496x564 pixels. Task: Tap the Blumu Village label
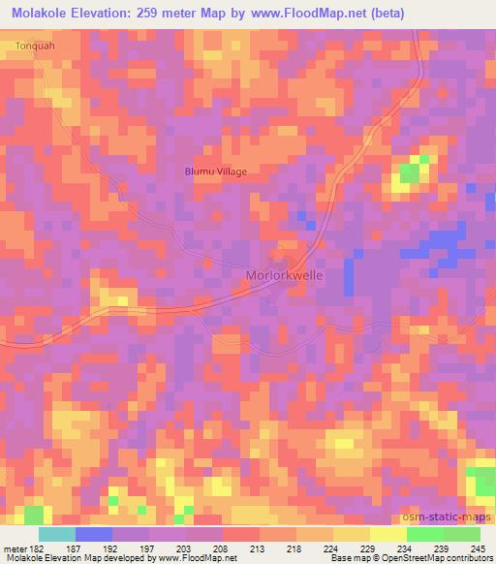point(216,172)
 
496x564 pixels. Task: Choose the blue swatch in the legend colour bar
point(93,534)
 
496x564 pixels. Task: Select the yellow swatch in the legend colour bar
point(387,534)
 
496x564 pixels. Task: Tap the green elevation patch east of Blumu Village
point(410,173)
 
